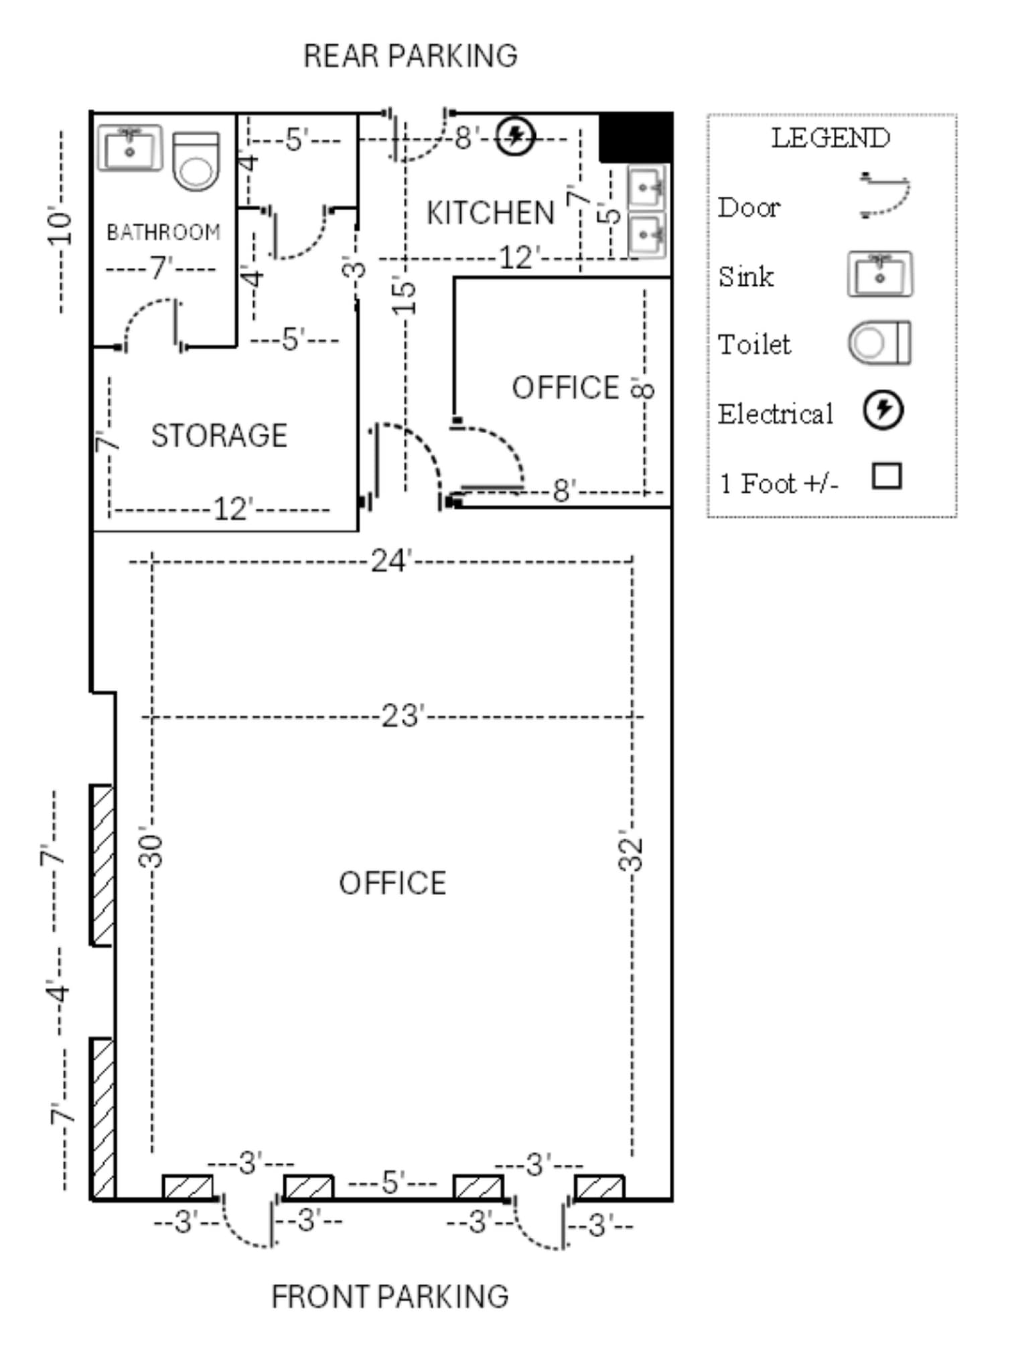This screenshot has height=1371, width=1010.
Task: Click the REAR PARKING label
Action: point(410,56)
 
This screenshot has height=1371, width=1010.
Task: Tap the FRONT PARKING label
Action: point(390,1297)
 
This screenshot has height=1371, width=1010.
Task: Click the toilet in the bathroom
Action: point(196,161)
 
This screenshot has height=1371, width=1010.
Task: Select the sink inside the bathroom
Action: point(130,148)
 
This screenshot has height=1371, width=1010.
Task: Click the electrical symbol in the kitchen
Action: point(515,137)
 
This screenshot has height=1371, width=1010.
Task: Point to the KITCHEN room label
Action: point(490,213)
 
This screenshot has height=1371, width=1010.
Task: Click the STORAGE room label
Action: point(219,436)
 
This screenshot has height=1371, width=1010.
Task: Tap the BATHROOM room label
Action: point(163,232)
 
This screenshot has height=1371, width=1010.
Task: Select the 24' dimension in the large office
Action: point(390,560)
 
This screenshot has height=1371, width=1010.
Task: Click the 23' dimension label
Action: point(403,716)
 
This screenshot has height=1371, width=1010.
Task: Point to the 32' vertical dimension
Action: point(631,851)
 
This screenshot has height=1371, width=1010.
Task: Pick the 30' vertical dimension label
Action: point(151,851)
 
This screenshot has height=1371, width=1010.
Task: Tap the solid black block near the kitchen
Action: point(636,137)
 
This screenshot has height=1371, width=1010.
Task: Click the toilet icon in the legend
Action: point(879,343)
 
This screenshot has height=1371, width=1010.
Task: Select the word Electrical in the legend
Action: point(775,414)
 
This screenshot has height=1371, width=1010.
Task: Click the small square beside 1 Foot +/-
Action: point(887,476)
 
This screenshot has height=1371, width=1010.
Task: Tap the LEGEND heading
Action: point(831,138)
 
